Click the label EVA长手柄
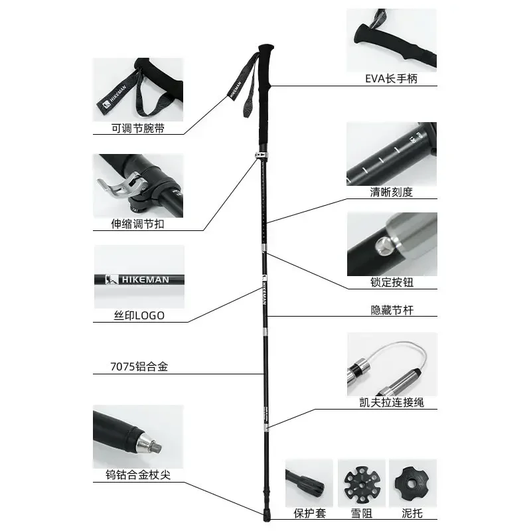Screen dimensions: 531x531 point(392,79)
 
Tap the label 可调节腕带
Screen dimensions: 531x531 point(137,129)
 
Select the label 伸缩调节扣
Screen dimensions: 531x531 point(137,224)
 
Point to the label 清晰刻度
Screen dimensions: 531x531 point(392,192)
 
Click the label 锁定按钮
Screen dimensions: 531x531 point(392,283)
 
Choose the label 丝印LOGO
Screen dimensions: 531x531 point(138,316)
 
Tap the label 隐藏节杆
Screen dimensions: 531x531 point(392,310)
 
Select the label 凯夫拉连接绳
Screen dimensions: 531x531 point(392,402)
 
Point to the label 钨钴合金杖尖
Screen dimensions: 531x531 point(137,476)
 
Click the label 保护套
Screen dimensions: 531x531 point(309,513)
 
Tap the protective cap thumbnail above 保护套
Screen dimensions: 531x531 point(309,481)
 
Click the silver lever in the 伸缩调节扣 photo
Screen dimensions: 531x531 point(119,187)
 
